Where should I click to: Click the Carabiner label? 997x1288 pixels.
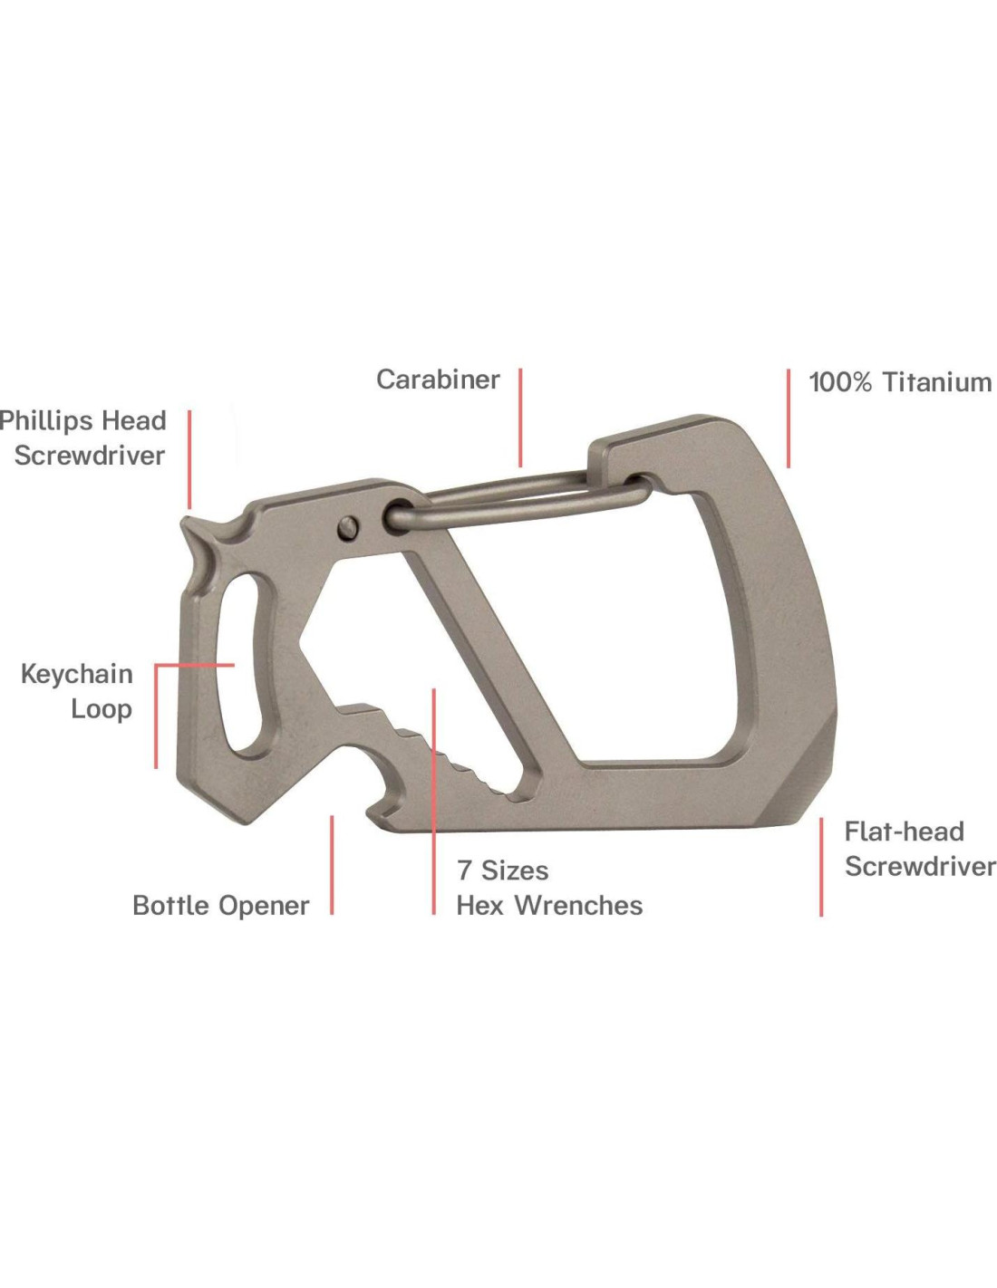(438, 380)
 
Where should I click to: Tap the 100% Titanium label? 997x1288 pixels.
(899, 382)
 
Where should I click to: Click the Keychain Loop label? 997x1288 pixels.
(78, 691)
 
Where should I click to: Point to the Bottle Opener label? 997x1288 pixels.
(220, 905)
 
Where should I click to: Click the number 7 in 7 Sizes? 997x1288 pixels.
(464, 870)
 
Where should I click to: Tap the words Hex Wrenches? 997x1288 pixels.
(549, 905)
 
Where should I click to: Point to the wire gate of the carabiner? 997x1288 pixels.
(517, 502)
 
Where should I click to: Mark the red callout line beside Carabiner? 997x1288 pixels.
(521, 417)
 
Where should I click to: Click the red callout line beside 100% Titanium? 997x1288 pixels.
(789, 418)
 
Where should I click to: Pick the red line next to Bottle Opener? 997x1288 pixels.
(332, 865)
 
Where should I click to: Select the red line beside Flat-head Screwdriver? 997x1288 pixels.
(821, 867)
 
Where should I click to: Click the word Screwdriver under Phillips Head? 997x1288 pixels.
(89, 456)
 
